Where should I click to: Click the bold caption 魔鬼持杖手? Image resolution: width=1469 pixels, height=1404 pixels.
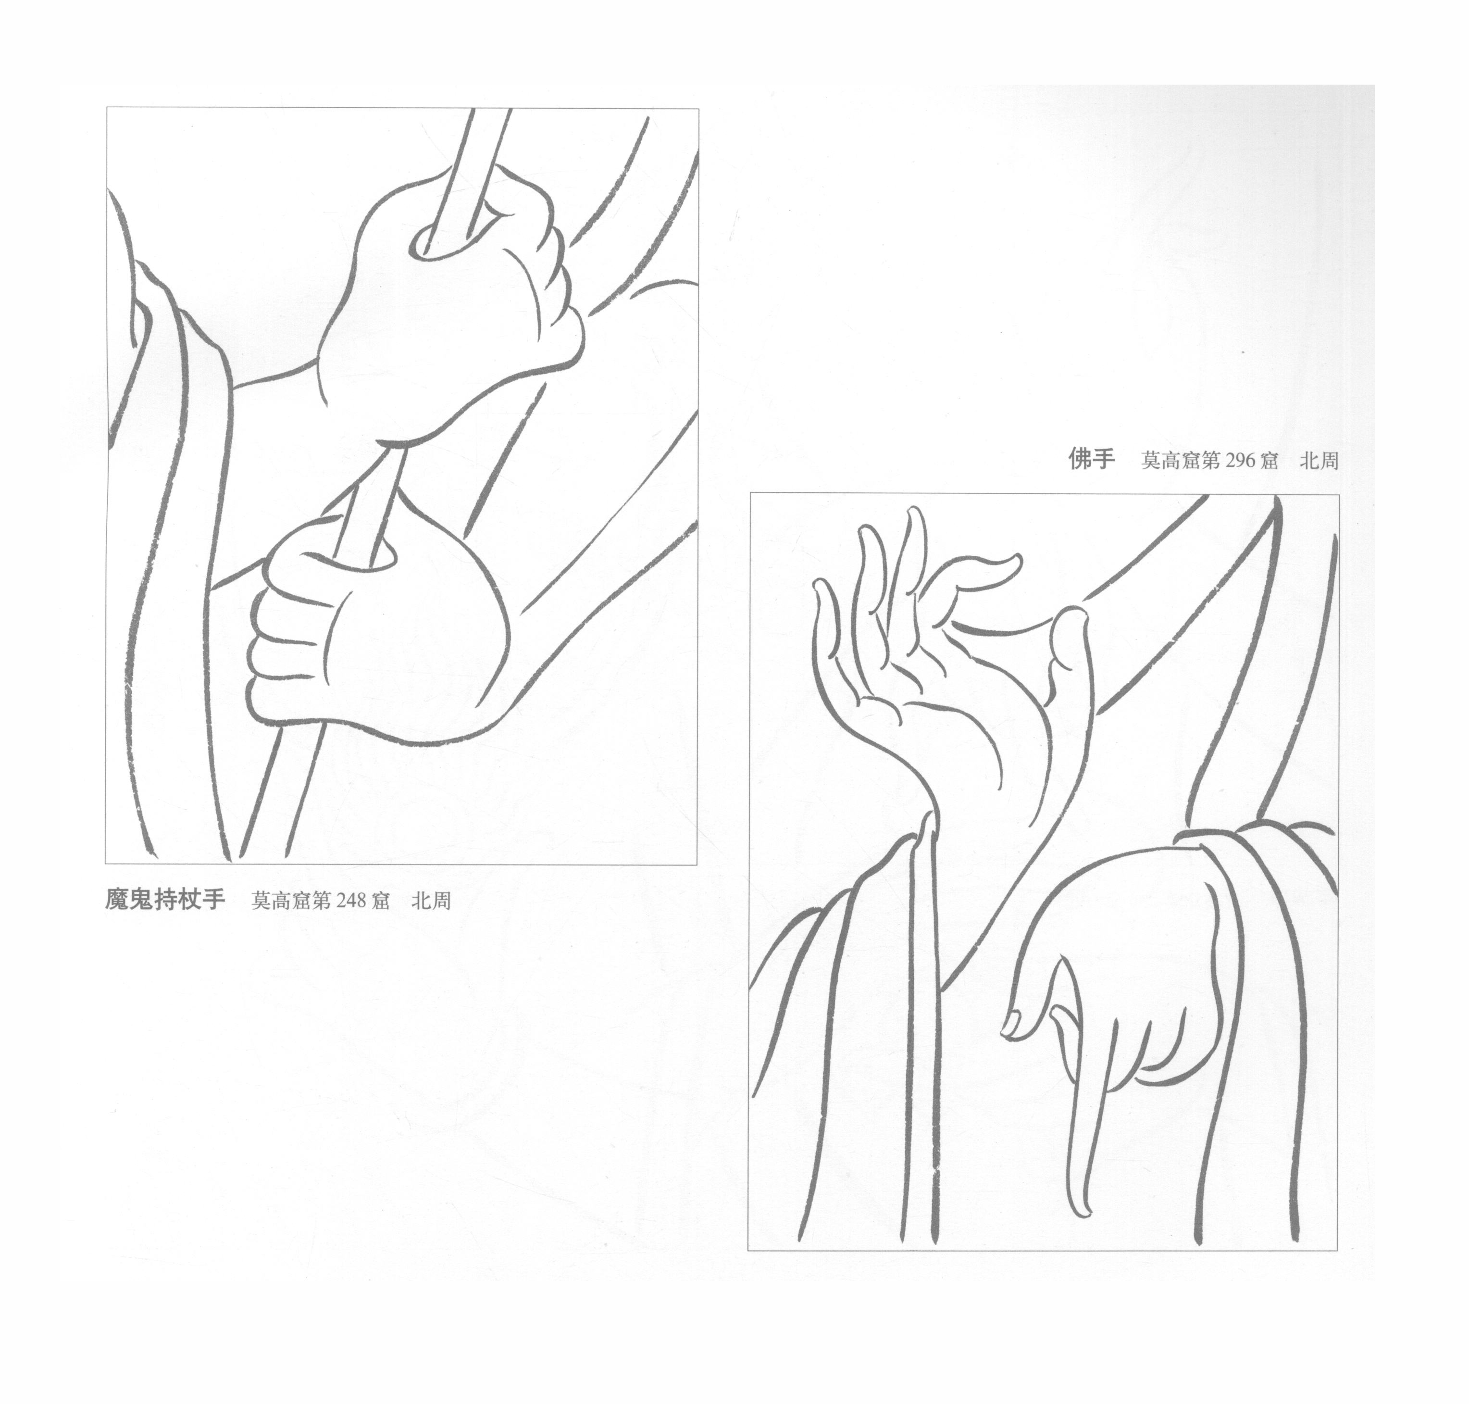click(164, 899)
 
